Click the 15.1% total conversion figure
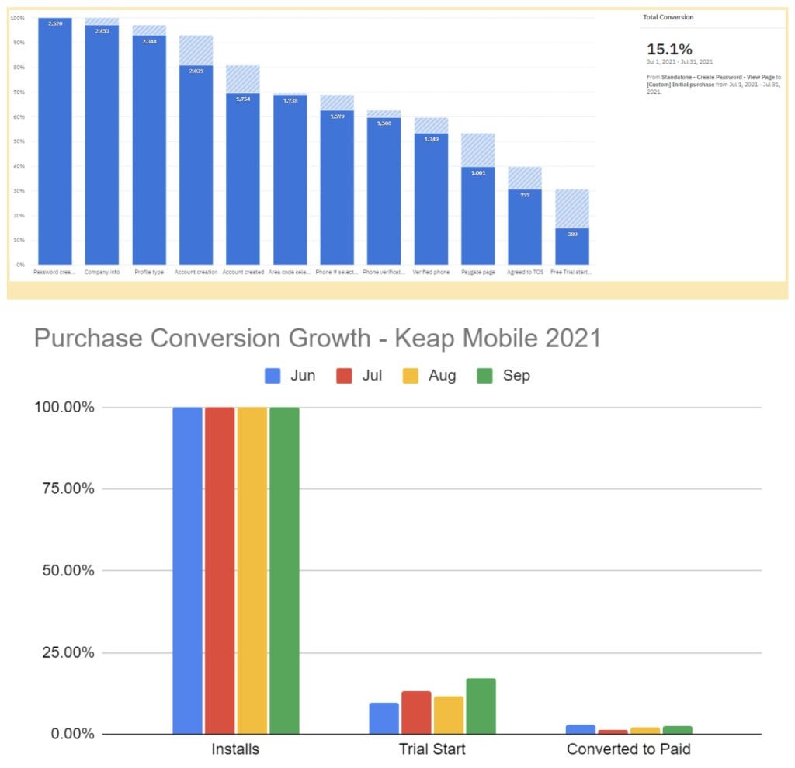[669, 49]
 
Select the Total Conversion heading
[668, 17]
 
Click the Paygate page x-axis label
[478, 272]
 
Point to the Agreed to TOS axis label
[526, 272]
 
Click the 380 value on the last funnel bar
[572, 234]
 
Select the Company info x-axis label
[102, 272]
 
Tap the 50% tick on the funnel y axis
[20, 141]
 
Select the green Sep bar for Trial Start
[481, 706]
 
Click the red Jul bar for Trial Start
[416, 712]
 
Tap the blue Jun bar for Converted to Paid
[580, 729]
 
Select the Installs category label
[235, 750]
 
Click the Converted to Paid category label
[628, 750]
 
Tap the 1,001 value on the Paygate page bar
[478, 172]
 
